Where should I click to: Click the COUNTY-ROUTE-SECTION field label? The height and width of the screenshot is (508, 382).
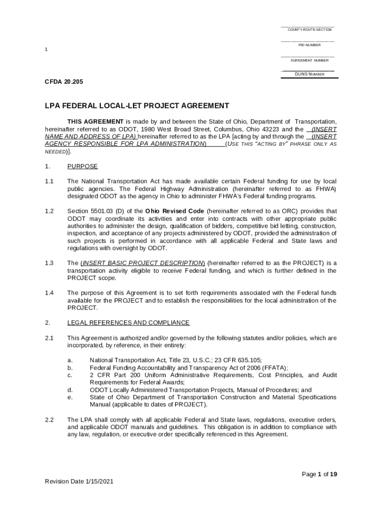point(309,30)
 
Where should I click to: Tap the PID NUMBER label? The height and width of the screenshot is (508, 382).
point(309,45)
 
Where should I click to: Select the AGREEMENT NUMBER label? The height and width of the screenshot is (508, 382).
point(309,61)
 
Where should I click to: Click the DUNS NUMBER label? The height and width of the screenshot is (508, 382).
point(309,74)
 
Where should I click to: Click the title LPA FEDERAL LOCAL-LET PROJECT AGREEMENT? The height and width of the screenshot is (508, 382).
point(137,106)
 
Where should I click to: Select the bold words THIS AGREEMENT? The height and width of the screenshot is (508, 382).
point(96,122)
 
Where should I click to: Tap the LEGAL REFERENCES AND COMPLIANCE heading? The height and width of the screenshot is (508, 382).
point(128,323)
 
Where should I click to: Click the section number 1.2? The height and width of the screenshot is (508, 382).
point(49,211)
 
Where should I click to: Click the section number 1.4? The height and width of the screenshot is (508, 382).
point(49,293)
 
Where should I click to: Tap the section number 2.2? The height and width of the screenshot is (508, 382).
point(49,420)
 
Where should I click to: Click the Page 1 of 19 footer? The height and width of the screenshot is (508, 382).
point(319,474)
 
